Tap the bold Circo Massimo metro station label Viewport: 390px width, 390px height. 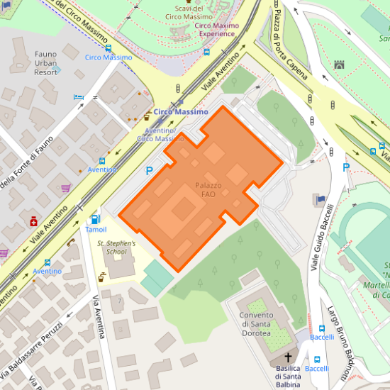[181, 112]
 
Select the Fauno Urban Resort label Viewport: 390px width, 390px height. [45, 63]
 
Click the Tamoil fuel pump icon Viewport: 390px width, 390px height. [96, 219]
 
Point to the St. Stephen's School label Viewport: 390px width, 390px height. [116, 247]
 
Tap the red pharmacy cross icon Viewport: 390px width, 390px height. [34, 222]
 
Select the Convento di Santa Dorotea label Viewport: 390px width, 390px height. [255, 324]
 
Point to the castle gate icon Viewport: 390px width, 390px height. [339, 65]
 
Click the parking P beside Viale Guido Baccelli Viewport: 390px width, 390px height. [346, 168]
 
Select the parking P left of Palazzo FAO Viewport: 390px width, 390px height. [149, 170]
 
